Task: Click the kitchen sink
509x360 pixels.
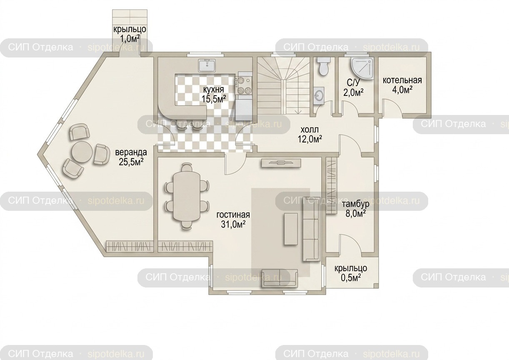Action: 207,65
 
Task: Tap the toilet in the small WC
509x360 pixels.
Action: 323,67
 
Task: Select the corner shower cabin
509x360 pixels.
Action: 362,68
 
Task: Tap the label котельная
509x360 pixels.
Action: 402,80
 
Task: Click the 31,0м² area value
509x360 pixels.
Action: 233,225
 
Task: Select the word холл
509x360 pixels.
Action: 309,130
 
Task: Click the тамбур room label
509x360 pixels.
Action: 355,205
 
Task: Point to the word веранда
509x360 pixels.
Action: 131,152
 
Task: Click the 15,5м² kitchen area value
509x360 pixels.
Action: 214,99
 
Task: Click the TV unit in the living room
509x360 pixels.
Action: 281,163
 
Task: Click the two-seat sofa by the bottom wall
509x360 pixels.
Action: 279,278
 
